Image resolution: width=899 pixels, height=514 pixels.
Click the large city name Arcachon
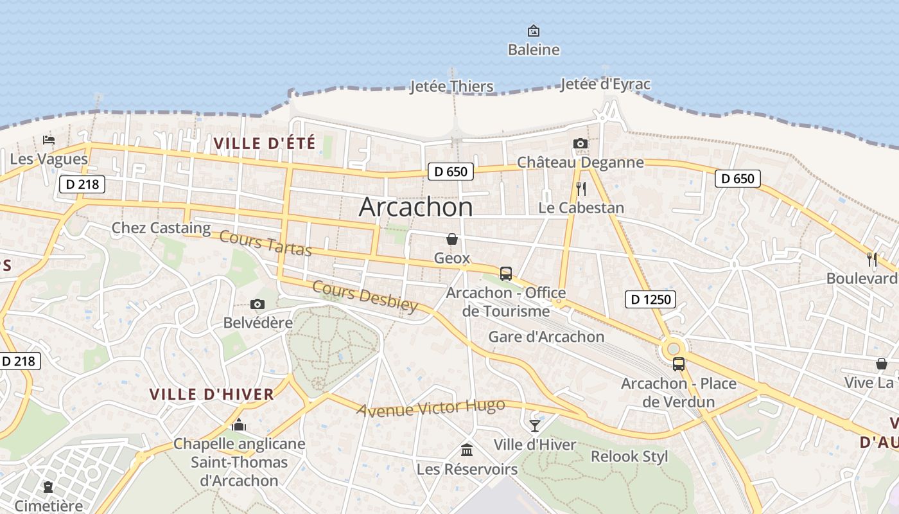pyautogui.click(x=415, y=207)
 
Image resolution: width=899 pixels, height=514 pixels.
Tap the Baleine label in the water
pyautogui.click(x=534, y=49)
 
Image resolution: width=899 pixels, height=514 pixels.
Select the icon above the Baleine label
pyautogui.click(x=534, y=31)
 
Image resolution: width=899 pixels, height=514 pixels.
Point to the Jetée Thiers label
pyautogui.click(x=452, y=86)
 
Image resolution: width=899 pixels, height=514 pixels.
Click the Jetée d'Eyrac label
pyautogui.click(x=605, y=84)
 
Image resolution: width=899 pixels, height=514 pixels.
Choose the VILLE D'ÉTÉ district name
pyautogui.click(x=265, y=143)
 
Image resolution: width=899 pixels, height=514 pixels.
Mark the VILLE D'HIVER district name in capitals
pyautogui.click(x=212, y=394)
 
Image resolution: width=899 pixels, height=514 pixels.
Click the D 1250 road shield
pyautogui.click(x=650, y=299)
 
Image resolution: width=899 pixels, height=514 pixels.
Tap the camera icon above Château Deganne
pyautogui.click(x=580, y=143)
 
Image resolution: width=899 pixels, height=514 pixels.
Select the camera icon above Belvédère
pyautogui.click(x=257, y=304)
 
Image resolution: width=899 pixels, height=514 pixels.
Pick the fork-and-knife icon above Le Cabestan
pyautogui.click(x=581, y=188)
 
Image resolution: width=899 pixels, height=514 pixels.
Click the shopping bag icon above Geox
pyautogui.click(x=452, y=239)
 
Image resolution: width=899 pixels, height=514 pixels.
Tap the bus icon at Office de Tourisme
pyautogui.click(x=506, y=274)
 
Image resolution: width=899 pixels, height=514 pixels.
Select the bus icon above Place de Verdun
pyautogui.click(x=679, y=364)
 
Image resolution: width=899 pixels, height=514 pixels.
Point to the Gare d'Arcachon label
pyautogui.click(x=546, y=337)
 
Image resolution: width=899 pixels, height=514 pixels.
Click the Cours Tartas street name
pyautogui.click(x=265, y=242)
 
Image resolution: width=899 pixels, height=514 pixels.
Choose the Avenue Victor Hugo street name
pyautogui.click(x=431, y=408)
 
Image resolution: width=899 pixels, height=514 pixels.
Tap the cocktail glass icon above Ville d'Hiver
pyautogui.click(x=535, y=425)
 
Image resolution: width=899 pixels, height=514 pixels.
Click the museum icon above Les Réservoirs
pyautogui.click(x=467, y=450)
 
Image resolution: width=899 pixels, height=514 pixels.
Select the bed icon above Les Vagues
pyautogui.click(x=49, y=139)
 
